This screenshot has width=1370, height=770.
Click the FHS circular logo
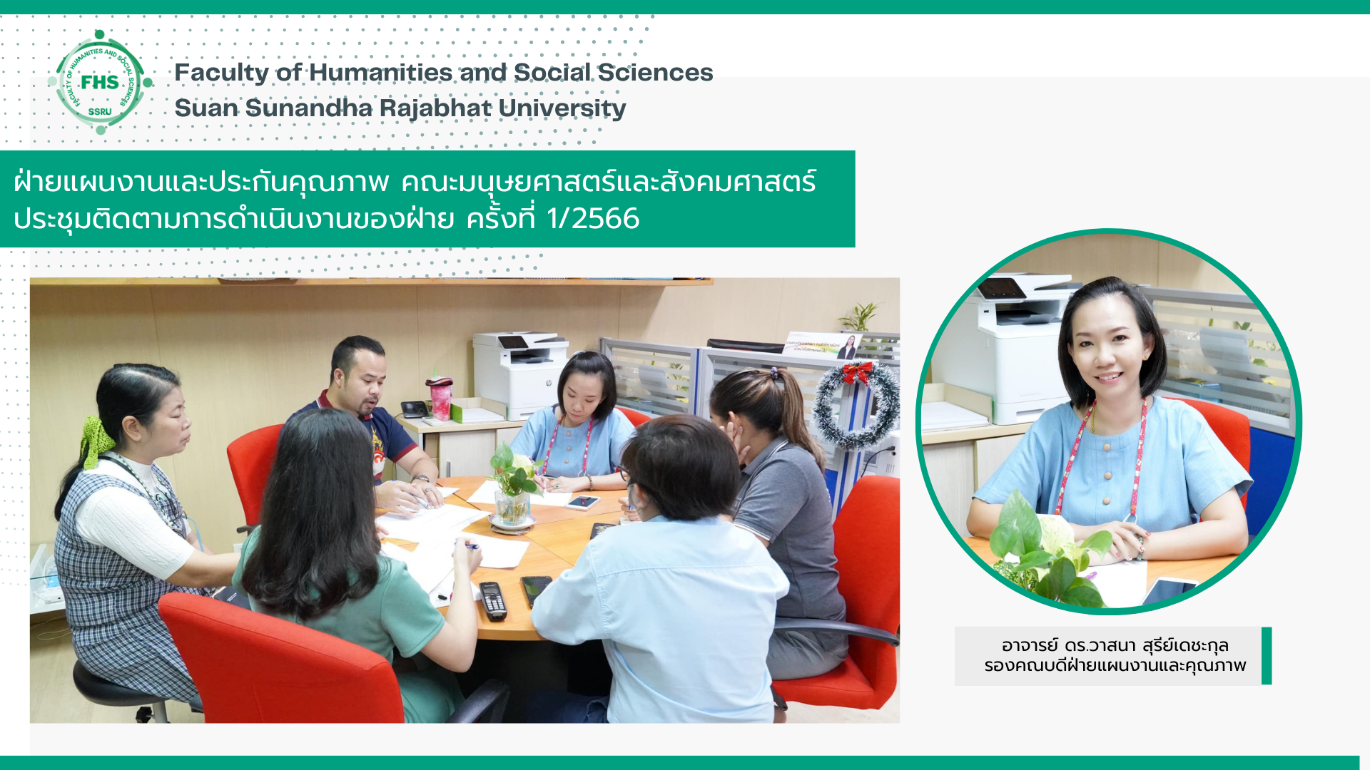click(x=100, y=82)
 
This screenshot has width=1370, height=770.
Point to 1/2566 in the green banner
click(x=592, y=218)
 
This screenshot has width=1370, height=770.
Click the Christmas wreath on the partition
click(x=856, y=404)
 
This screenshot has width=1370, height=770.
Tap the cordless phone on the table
click(x=492, y=600)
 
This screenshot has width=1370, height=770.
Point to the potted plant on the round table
click(x=512, y=488)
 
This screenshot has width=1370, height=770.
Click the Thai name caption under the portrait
click(x=1115, y=655)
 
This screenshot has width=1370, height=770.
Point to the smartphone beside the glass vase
click(x=583, y=502)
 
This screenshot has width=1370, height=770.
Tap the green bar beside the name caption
click(x=1267, y=656)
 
